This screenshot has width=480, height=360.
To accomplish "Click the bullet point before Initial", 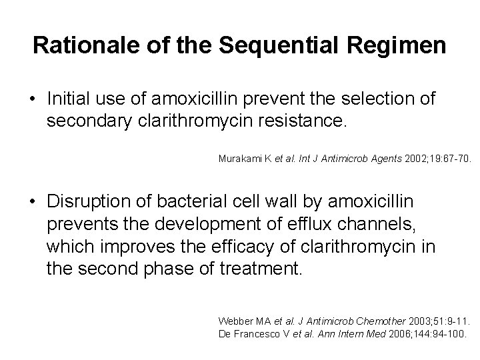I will [33, 100].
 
